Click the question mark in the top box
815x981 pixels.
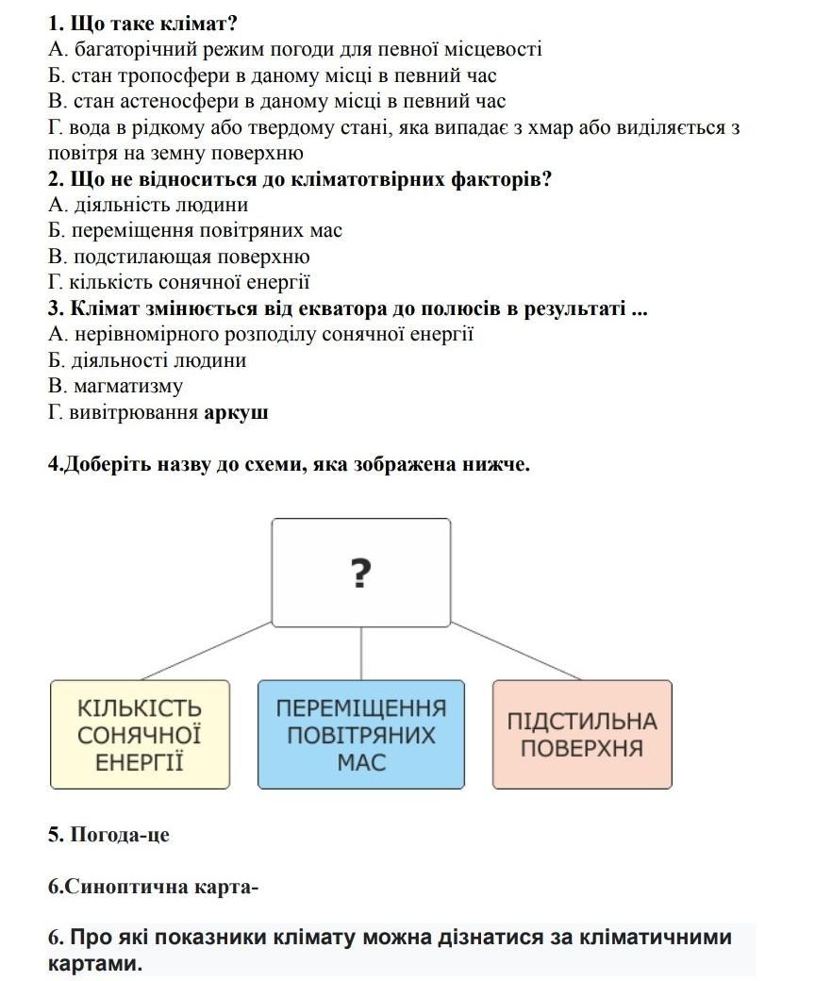pyautogui.click(x=360, y=573)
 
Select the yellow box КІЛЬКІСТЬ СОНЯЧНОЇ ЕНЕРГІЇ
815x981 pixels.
pyautogui.click(x=140, y=735)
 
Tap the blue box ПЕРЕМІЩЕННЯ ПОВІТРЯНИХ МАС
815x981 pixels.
pyautogui.click(x=361, y=735)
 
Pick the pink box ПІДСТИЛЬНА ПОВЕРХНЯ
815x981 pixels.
pyautogui.click(x=582, y=735)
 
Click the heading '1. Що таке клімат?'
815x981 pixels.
pyautogui.click(x=142, y=24)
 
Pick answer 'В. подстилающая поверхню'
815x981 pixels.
pyautogui.click(x=178, y=257)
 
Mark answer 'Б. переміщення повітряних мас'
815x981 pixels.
pyautogui.click(x=194, y=230)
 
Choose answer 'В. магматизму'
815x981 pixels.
pyautogui.click(x=115, y=386)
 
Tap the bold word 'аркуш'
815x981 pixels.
pyautogui.click(x=236, y=412)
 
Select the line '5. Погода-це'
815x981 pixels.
pyautogui.click(x=108, y=835)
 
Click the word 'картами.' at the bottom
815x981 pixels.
pyautogui.click(x=94, y=964)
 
